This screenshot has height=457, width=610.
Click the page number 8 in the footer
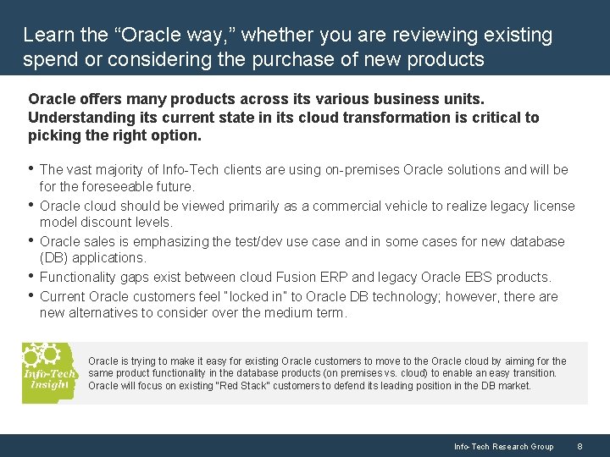pos(579,446)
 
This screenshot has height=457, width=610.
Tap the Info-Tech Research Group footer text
pos(503,446)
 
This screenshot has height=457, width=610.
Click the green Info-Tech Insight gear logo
pos(49,372)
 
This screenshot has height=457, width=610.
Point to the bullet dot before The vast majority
pos(31,169)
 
